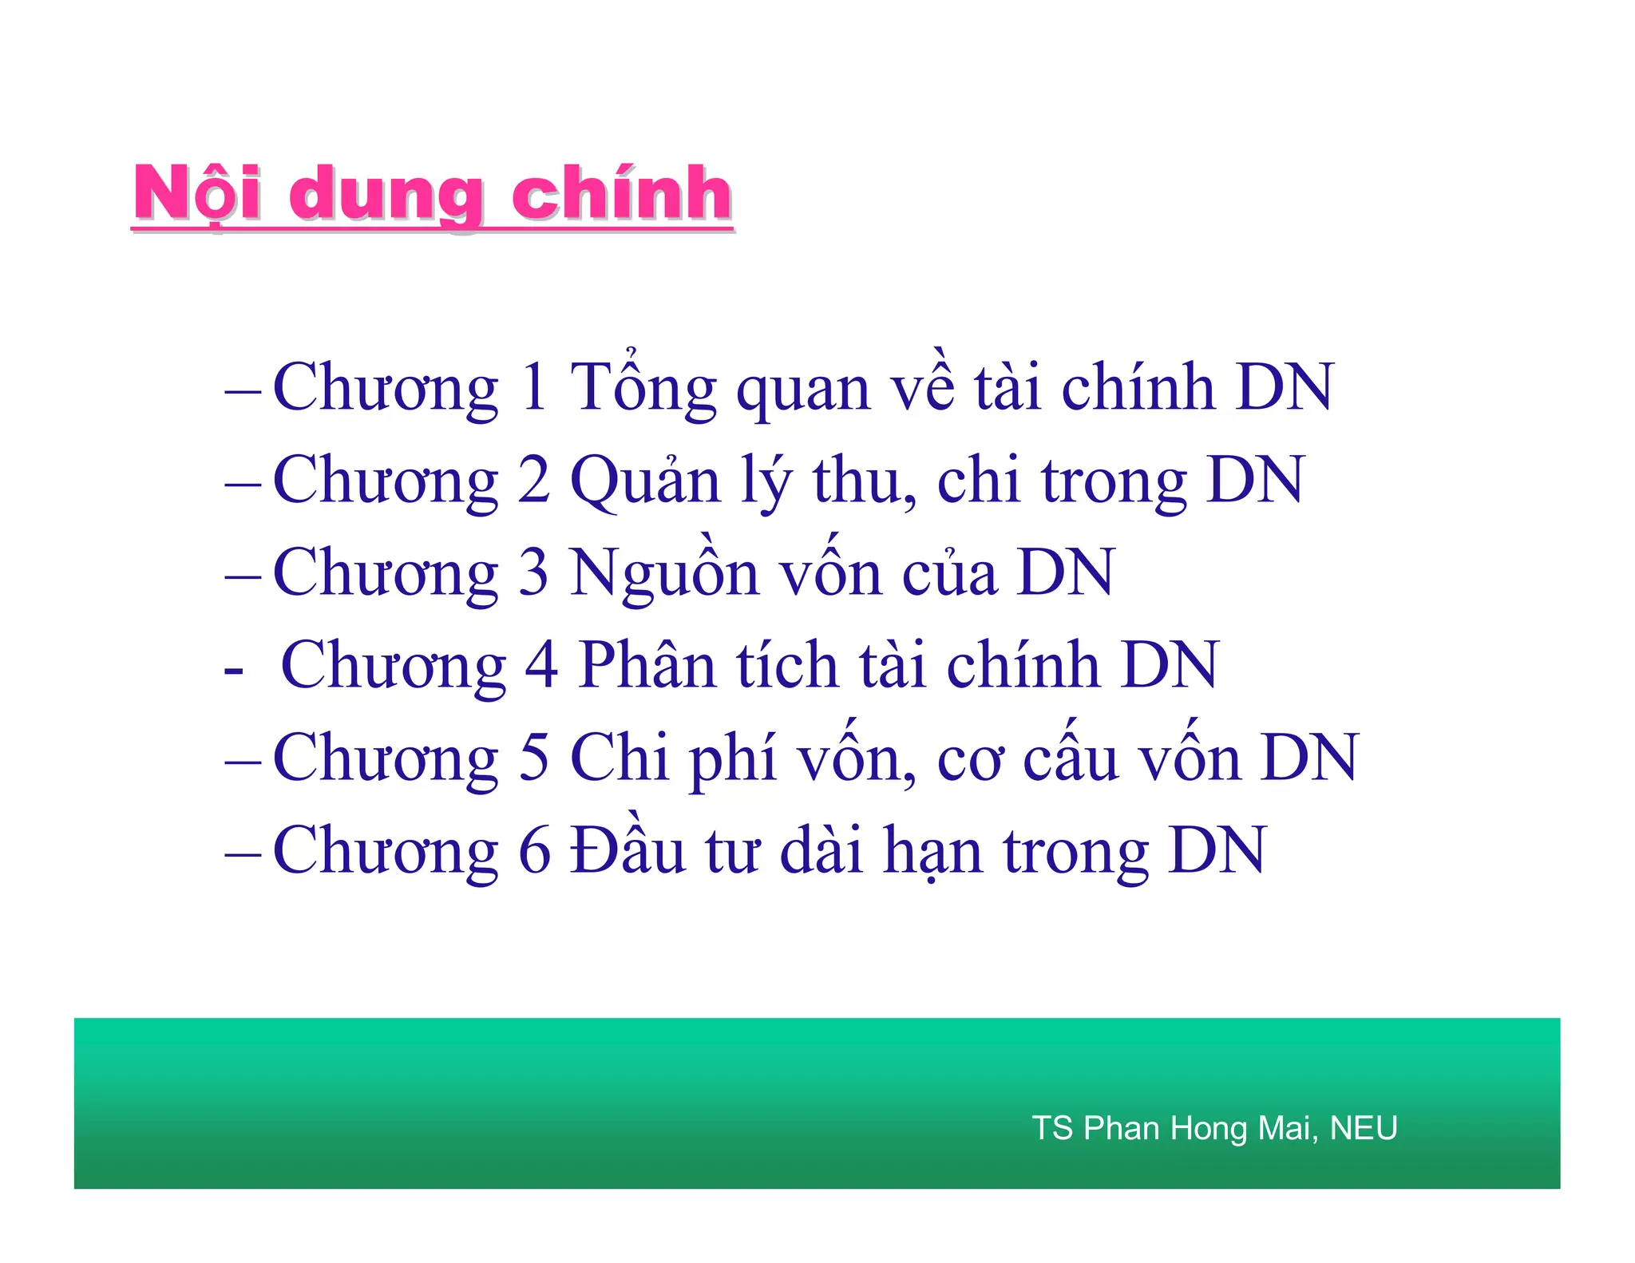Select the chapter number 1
[x=534, y=388]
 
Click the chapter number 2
[x=534, y=481]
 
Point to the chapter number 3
[x=534, y=573]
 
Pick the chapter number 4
[x=541, y=666]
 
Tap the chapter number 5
[x=534, y=758]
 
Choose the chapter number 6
[x=534, y=851]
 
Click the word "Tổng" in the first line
[x=643, y=388]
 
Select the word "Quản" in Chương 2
[x=645, y=481]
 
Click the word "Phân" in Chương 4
[x=647, y=666]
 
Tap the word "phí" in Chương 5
[x=734, y=758]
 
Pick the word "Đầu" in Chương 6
[x=627, y=849]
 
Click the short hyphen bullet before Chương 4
[x=234, y=669]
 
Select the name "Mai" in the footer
[x=1287, y=1128]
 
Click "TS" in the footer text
[x=1052, y=1128]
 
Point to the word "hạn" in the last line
[x=933, y=851]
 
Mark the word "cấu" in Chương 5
[x=1071, y=758]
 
